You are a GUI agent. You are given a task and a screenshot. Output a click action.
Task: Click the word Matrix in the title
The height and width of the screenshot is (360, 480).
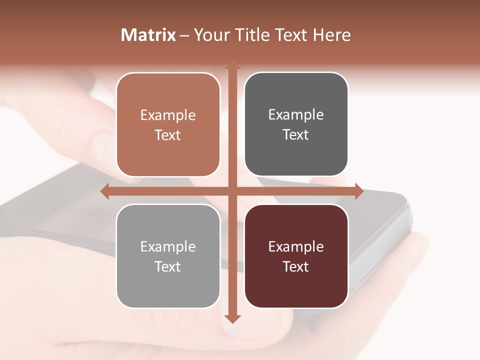148,35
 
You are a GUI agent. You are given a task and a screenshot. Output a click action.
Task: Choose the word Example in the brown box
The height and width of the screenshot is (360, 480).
168,115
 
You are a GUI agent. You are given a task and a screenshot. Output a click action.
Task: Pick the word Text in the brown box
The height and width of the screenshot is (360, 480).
168,135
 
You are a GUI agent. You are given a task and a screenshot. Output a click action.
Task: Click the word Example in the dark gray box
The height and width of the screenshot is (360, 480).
296,115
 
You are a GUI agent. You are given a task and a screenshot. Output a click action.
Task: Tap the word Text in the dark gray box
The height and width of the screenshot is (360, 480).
296,135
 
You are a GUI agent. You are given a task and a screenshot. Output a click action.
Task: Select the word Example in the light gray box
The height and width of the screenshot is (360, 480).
168,246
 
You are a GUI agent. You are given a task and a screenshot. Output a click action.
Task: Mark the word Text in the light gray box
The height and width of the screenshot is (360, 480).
168,266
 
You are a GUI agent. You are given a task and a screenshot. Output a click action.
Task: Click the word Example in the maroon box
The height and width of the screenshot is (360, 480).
296,246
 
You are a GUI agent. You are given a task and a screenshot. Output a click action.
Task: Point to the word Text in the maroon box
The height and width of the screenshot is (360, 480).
296,266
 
